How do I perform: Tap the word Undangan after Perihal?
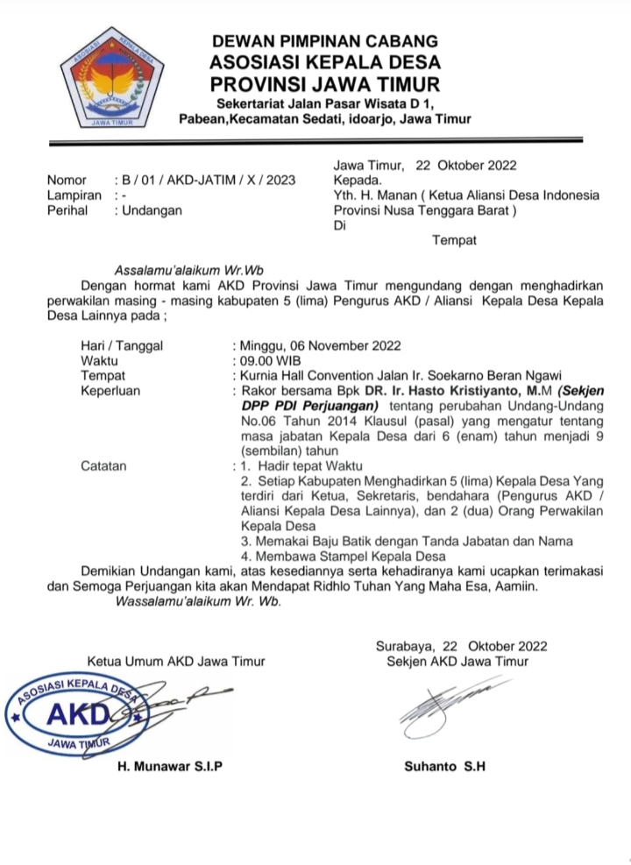pos(154,210)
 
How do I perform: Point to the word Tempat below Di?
pos(454,240)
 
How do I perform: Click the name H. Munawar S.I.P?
pos(170,766)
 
